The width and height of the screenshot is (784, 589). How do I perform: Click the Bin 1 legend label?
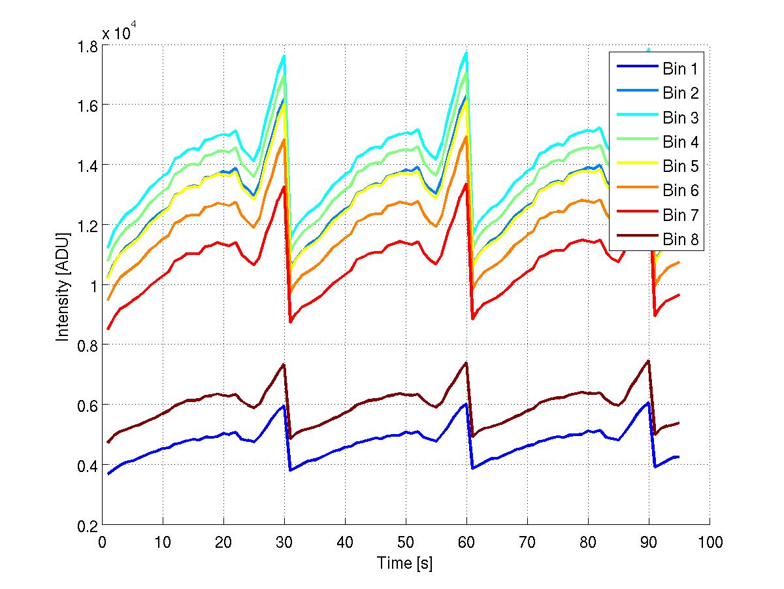tap(680, 69)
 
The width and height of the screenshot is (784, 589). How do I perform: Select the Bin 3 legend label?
tap(680, 118)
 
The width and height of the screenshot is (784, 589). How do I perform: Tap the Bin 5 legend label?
tap(680, 166)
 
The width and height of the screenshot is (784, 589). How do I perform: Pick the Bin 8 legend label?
tap(680, 239)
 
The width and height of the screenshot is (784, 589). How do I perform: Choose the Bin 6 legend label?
tap(680, 190)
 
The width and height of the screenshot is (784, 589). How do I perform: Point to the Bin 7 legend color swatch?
tap(634, 215)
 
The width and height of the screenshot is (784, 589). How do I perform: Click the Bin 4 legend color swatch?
tap(634, 142)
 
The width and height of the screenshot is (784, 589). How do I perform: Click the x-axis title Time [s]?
tap(404, 563)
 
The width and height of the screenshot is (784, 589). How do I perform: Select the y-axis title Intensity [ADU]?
tap(63, 286)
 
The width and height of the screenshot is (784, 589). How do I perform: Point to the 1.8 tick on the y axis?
tap(87, 46)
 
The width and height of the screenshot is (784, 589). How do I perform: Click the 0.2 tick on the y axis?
tap(87, 526)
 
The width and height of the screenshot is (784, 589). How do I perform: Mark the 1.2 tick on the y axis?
tap(87, 226)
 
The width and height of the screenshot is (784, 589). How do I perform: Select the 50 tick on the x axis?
tap(406, 543)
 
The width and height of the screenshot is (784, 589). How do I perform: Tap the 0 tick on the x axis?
tap(102, 543)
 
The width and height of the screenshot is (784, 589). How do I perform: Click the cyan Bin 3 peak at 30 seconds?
tap(284, 56)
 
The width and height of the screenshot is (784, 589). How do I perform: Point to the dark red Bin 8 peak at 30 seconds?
tap(284, 365)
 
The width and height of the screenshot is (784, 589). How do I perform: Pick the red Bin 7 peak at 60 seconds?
tap(466, 184)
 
